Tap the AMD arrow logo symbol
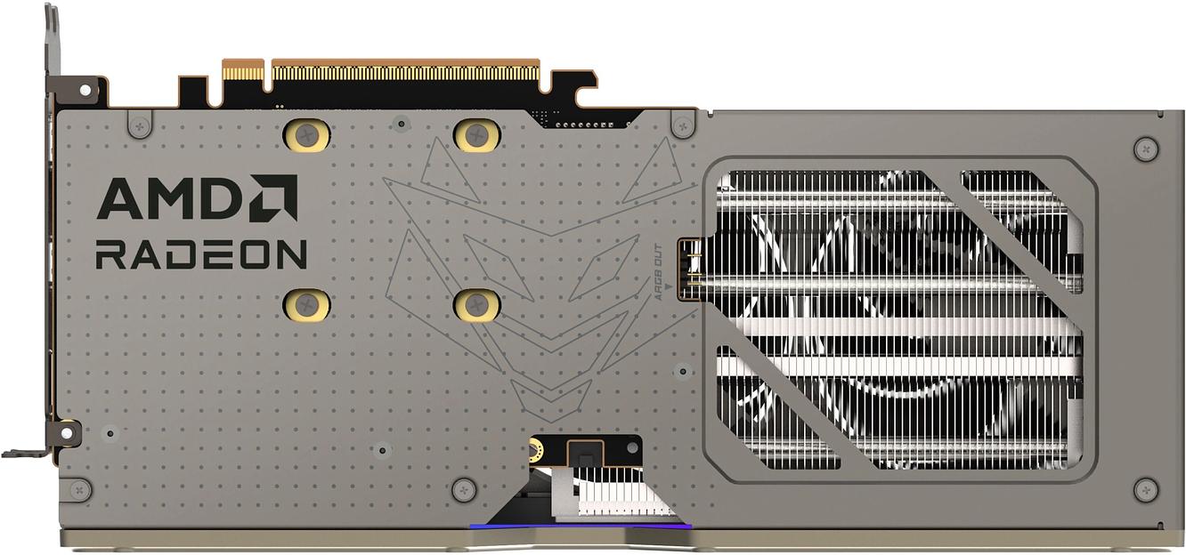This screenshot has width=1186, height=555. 272,197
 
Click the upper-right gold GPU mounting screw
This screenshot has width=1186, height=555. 477,134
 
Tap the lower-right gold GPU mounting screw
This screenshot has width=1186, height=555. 477,304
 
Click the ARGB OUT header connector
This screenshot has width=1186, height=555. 686,268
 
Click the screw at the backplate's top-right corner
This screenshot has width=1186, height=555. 1145,148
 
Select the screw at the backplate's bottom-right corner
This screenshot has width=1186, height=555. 1145,488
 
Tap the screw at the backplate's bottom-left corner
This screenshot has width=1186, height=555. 79,488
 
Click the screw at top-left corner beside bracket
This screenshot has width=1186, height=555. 140,125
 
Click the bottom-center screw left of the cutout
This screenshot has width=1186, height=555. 463,488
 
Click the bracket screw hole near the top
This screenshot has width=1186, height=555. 85,90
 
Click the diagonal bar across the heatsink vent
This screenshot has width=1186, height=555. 1015,227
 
